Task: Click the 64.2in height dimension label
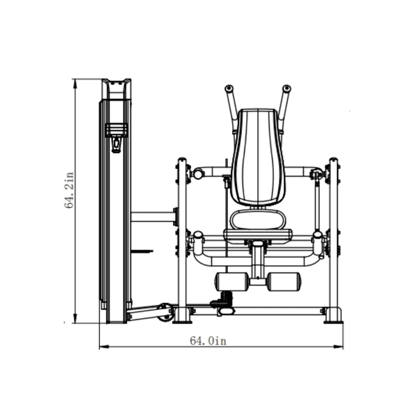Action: click(69, 190)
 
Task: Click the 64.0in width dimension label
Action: click(208, 341)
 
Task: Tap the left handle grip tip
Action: click(229, 89)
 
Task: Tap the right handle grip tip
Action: click(286, 88)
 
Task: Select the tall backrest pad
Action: click(258, 157)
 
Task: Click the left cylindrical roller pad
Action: click(232, 282)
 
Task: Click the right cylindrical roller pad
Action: click(284, 282)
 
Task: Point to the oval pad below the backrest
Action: click(258, 220)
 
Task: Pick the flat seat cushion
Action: click(258, 235)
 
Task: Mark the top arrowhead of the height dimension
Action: click(76, 83)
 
